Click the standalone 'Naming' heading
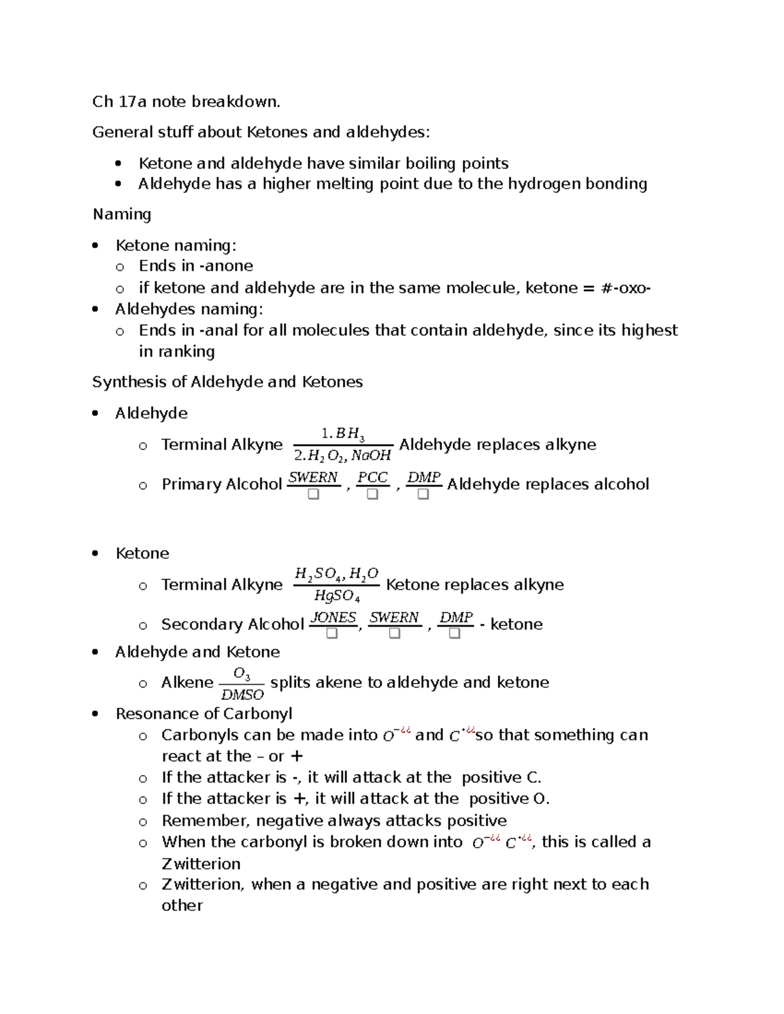(122, 215)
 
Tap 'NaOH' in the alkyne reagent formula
(371, 456)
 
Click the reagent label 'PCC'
(372, 477)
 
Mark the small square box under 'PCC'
(372, 495)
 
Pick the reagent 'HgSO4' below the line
(336, 595)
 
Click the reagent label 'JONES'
(333, 617)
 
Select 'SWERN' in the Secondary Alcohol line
(394, 617)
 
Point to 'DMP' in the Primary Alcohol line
(423, 477)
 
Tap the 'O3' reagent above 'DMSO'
(242, 673)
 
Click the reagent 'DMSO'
(242, 695)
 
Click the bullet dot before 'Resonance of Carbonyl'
(96, 714)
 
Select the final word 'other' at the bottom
(182, 906)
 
